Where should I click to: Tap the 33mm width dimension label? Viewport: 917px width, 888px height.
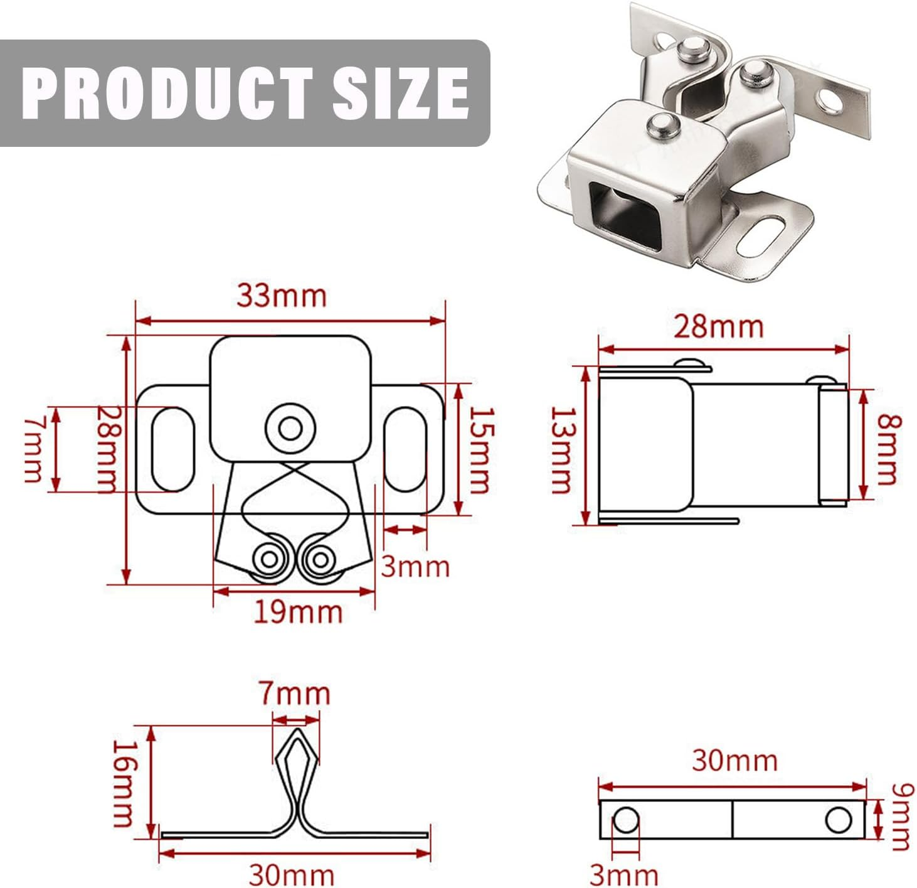click(282, 296)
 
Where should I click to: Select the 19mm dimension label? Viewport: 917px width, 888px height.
click(298, 612)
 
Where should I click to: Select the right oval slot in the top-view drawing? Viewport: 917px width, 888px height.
click(405, 449)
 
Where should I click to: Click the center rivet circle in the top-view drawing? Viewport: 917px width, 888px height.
click(289, 430)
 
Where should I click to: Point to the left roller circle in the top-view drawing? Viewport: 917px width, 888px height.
click(269, 559)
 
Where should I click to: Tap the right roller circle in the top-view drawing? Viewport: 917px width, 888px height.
click(320, 559)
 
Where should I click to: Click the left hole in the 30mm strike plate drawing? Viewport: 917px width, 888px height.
click(625, 820)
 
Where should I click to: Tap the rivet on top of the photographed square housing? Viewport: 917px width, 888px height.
click(662, 126)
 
